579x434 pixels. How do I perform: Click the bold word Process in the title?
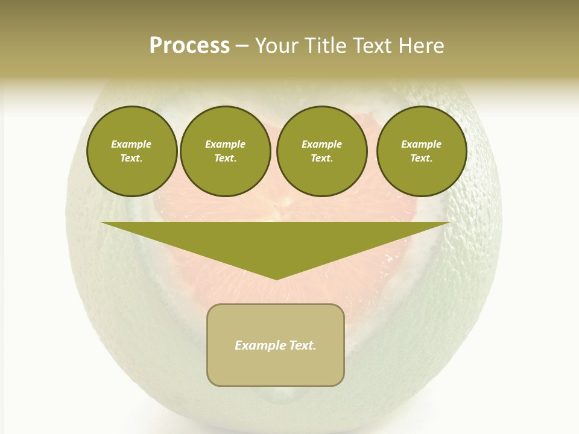click(189, 46)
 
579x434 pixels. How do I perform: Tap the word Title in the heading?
click(326, 46)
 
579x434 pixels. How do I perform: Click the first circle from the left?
click(131, 151)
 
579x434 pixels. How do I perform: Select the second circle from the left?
click(225, 151)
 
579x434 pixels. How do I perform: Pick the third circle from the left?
click(321, 151)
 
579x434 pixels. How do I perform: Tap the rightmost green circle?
click(421, 151)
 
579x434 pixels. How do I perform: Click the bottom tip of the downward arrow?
click(276, 278)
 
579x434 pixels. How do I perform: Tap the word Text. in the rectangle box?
click(302, 345)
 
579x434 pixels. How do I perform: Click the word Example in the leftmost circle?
click(131, 144)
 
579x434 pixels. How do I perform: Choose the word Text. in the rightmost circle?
click(421, 159)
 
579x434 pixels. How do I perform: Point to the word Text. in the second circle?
click(225, 159)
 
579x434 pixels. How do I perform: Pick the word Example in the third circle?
click(321, 144)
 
